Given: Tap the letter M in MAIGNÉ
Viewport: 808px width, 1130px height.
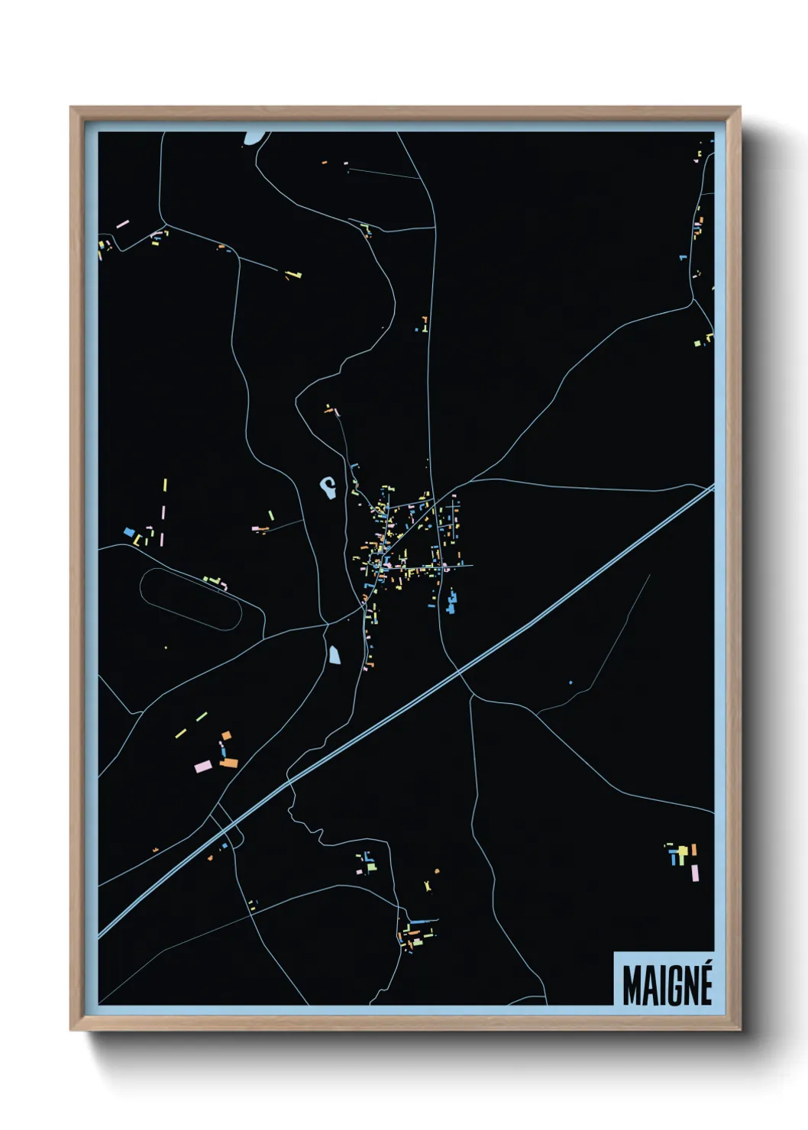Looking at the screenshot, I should pos(632,986).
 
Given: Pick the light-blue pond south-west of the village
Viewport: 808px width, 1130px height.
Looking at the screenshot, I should pos(335,654).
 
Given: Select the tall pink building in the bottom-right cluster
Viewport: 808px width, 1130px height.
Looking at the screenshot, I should pos(695,872).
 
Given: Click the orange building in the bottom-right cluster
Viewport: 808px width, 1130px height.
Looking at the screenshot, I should pos(693,850).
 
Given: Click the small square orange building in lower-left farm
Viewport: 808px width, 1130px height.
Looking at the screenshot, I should pos(225,735).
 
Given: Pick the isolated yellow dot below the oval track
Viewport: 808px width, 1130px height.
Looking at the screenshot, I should pos(166,647).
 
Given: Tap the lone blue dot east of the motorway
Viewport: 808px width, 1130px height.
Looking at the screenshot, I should pos(570,682).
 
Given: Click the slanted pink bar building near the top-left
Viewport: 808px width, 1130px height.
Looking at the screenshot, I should pos(122,224).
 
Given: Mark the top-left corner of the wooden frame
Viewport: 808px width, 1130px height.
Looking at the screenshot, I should pos(71,108).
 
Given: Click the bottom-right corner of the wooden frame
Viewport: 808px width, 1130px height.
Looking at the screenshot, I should pos(739,1029).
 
